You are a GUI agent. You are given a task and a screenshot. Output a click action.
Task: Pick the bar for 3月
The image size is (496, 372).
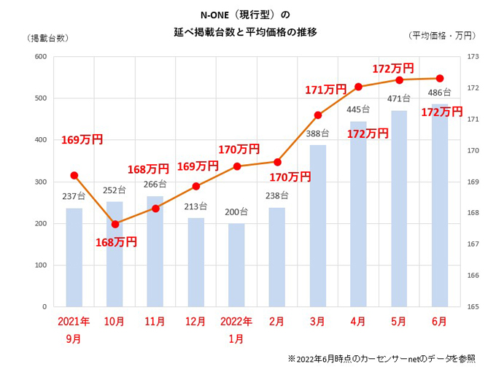click(317, 225)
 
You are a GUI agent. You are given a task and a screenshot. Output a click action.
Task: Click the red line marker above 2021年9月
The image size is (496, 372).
click(74, 175)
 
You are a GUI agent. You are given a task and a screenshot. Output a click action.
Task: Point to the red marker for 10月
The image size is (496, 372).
click(115, 224)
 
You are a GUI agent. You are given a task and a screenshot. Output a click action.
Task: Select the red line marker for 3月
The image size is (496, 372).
click(317, 115)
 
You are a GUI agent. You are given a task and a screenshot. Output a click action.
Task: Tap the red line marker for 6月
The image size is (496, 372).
click(439, 78)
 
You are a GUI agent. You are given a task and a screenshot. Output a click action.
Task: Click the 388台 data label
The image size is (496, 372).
click(317, 133)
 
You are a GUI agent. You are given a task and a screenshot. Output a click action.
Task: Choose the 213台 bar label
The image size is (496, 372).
click(196, 206)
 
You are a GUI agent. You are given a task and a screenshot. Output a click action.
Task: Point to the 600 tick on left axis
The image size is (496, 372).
click(40, 57)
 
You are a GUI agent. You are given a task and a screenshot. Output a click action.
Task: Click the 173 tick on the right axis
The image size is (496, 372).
click(472, 57)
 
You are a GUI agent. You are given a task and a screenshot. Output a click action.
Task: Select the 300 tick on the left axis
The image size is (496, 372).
click(40, 182)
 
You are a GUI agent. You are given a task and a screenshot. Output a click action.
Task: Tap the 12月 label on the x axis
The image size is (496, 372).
click(196, 322)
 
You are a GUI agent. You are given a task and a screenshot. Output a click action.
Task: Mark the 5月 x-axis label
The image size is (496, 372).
click(399, 322)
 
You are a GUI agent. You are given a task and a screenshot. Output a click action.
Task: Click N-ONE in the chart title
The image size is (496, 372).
click(216, 14)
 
